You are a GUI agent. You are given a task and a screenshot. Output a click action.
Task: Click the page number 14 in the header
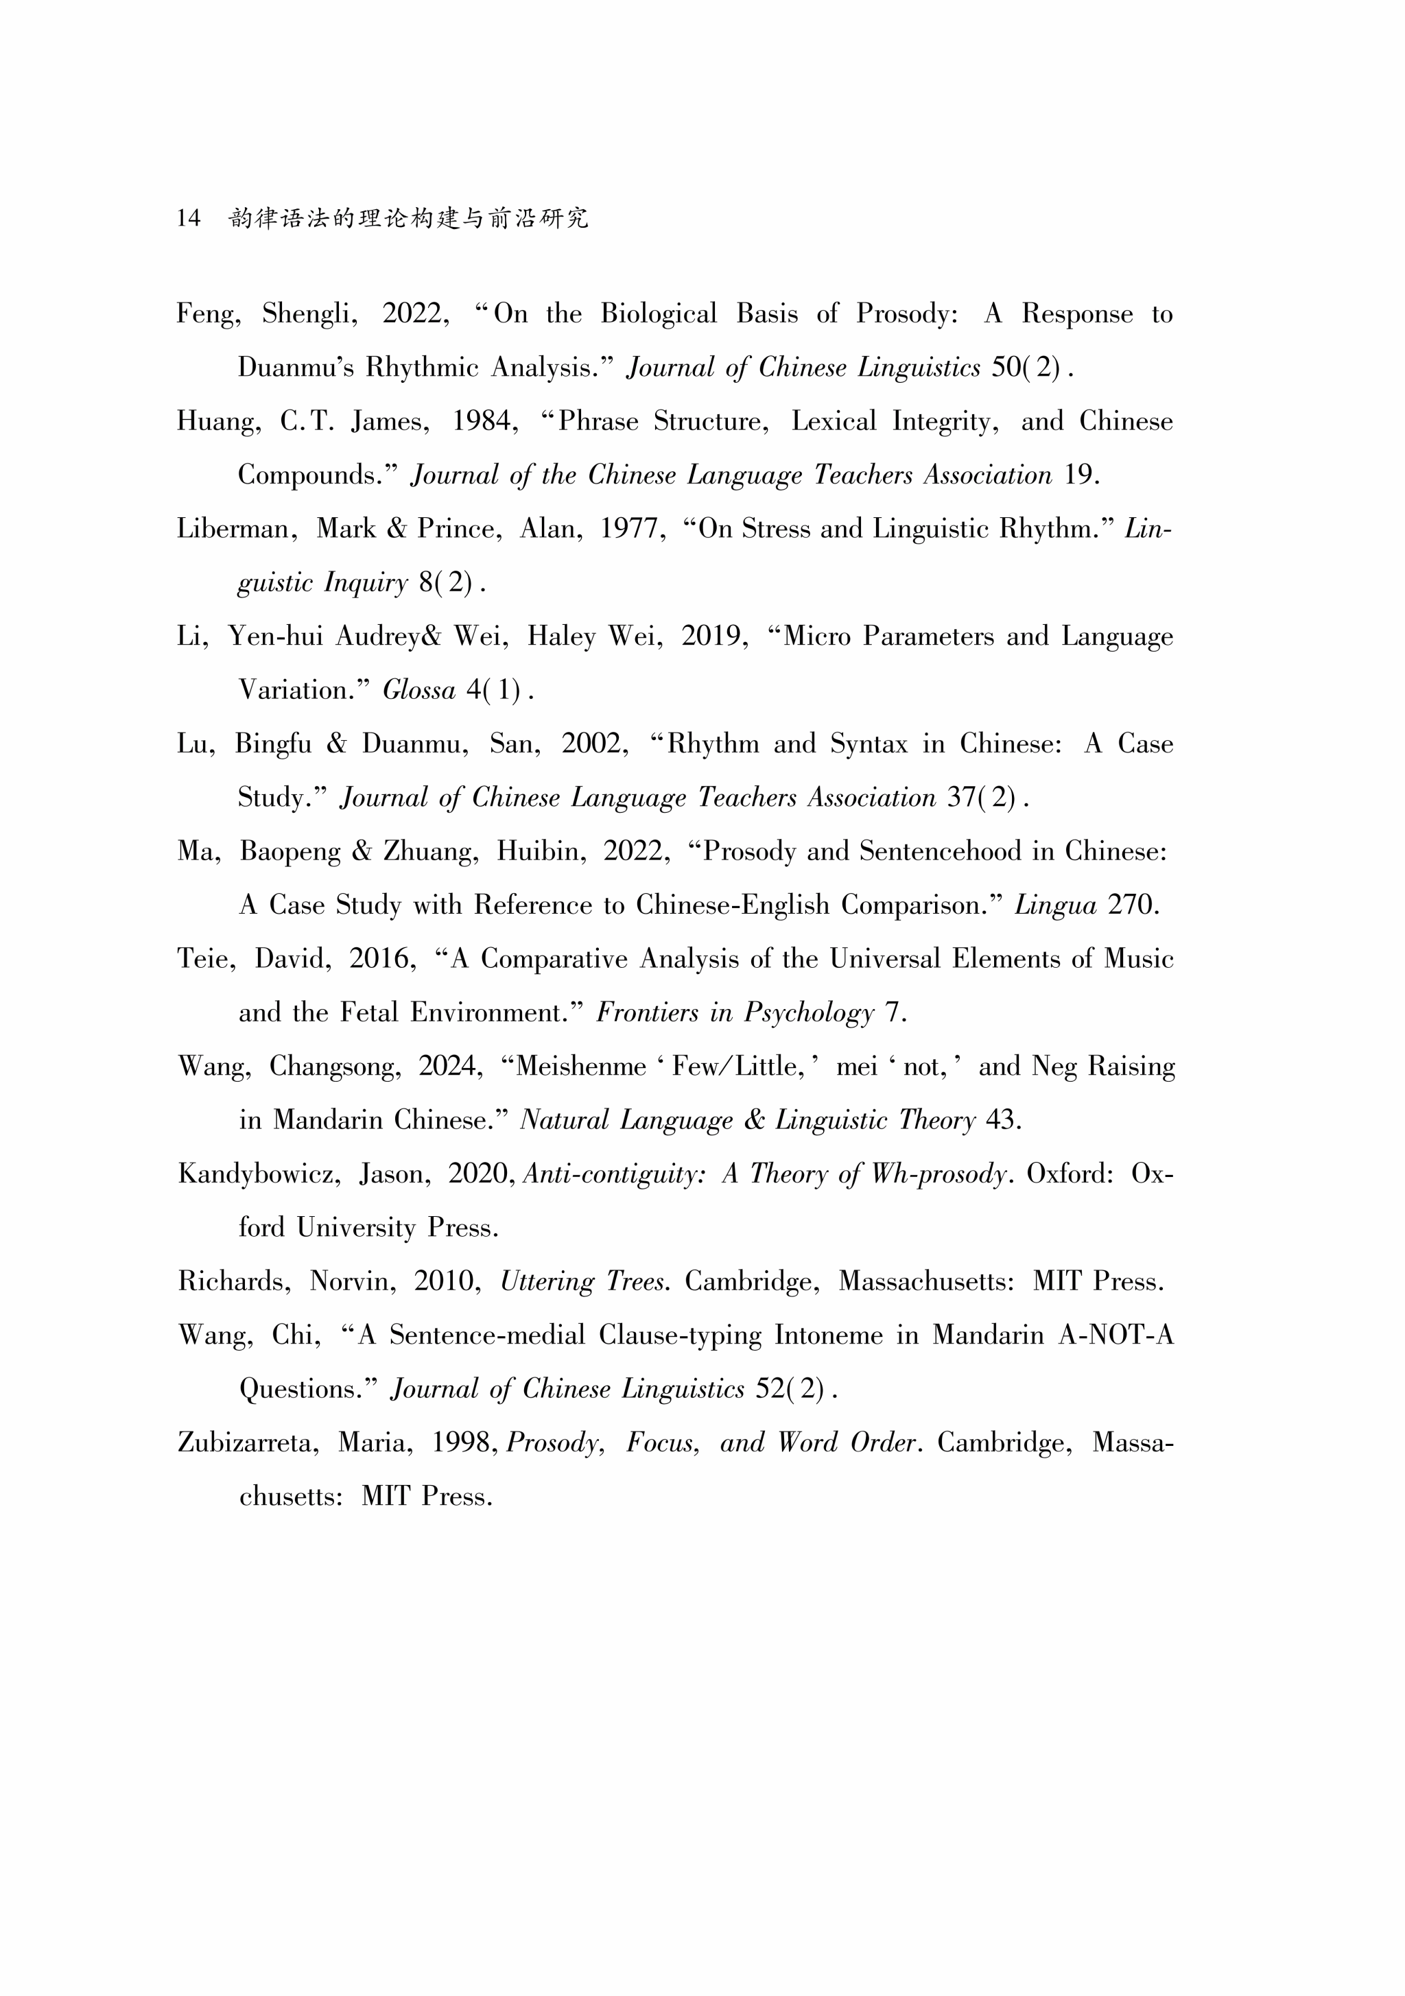(188, 217)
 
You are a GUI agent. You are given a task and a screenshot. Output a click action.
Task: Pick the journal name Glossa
(419, 690)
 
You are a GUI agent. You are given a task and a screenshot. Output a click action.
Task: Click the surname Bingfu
(272, 744)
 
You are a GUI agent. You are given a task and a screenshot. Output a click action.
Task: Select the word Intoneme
(827, 1335)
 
